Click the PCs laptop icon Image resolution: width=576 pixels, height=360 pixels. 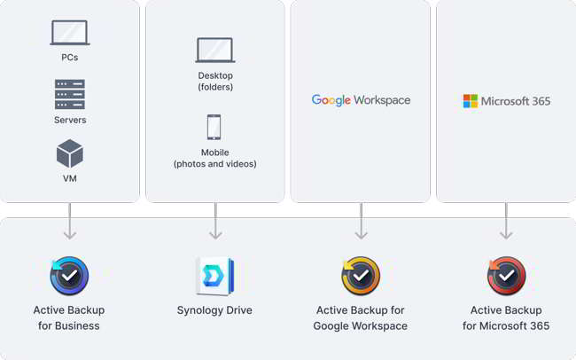(x=70, y=32)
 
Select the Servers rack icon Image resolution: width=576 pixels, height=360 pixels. (x=70, y=94)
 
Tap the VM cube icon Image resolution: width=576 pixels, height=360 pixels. (x=70, y=153)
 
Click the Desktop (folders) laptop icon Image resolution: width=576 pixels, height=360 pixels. (x=215, y=50)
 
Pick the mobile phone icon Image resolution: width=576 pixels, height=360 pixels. (x=214, y=127)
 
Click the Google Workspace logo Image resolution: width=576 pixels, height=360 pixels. (x=361, y=100)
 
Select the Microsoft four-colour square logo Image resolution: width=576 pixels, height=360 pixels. (x=471, y=101)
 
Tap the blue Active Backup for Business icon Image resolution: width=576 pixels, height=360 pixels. (x=69, y=276)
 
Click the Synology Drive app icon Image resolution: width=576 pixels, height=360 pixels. (x=215, y=277)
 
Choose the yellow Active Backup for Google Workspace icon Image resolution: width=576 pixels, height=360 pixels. (x=361, y=276)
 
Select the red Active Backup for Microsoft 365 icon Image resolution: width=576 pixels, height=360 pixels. (x=506, y=276)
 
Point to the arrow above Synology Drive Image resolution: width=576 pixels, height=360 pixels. (x=215, y=221)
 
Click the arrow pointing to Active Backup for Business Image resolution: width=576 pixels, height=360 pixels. (x=70, y=221)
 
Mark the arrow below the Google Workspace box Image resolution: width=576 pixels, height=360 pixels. (x=361, y=221)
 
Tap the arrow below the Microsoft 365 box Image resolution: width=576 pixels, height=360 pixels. (x=506, y=221)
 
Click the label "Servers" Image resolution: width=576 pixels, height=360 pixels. (x=70, y=120)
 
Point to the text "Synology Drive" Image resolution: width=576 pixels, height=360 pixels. (x=214, y=310)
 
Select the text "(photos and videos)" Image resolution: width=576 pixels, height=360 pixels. (x=215, y=164)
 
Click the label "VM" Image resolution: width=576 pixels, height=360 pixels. (x=70, y=178)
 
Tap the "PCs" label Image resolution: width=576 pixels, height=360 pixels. (x=70, y=58)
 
